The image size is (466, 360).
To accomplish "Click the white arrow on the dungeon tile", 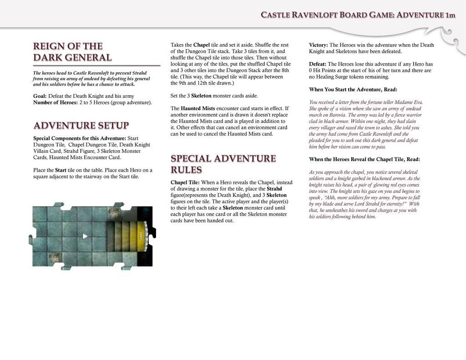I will pos(85,236).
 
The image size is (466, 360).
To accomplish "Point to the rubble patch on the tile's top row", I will pos(115,213).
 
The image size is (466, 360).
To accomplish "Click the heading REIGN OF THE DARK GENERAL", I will pos(72,52).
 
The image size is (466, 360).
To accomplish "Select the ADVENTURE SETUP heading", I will pos(81,126).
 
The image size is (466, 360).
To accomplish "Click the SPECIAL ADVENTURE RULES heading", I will pos(223,164).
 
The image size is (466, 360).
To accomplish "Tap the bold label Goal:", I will pos(40,96).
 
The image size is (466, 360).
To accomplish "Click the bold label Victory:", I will pos(318,45).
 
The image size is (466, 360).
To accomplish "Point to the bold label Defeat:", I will pos(318,64).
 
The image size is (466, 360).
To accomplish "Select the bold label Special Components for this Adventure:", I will pos(80,138).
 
